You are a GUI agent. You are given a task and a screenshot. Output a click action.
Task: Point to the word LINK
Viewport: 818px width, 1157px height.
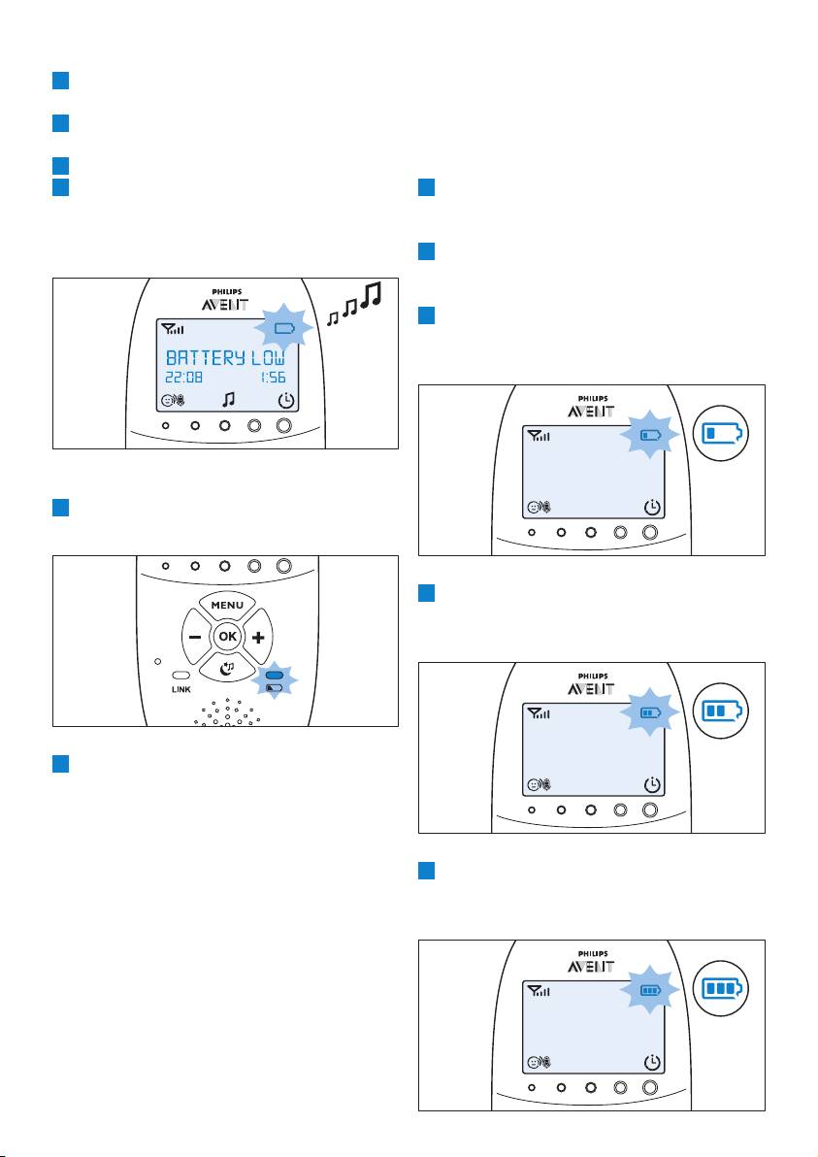pos(181,689)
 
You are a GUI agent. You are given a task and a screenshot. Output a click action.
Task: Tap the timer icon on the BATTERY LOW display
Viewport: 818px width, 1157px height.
pos(287,400)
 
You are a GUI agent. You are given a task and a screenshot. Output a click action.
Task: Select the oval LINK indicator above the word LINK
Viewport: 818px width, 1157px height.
pos(181,675)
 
